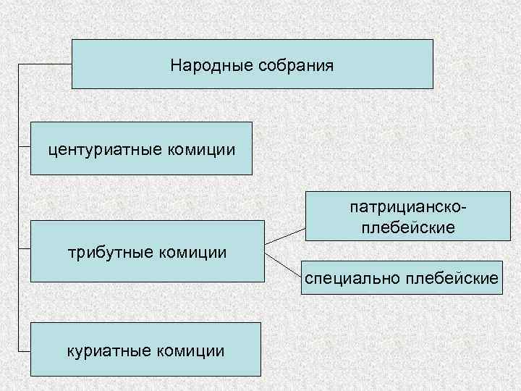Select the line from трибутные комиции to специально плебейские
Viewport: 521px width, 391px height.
[x=283, y=264]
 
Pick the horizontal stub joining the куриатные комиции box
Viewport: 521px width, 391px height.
[x=23, y=350]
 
